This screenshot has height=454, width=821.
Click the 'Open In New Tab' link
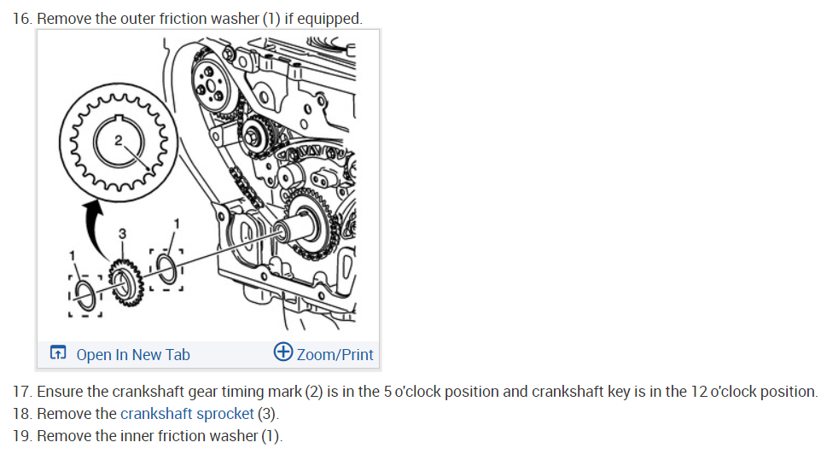(x=132, y=354)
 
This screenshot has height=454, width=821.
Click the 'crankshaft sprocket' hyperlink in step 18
(x=187, y=414)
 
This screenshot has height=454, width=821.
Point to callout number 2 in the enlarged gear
(x=119, y=139)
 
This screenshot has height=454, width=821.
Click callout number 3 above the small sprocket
(x=122, y=232)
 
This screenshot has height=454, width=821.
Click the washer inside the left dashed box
(x=85, y=295)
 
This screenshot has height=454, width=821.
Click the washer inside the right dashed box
(x=167, y=267)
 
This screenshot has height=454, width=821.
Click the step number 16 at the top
(x=22, y=18)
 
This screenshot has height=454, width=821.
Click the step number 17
(x=22, y=392)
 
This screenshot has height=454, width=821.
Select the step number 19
(x=22, y=436)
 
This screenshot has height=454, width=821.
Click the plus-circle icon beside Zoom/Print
(x=283, y=353)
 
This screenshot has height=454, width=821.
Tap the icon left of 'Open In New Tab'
(x=58, y=354)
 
